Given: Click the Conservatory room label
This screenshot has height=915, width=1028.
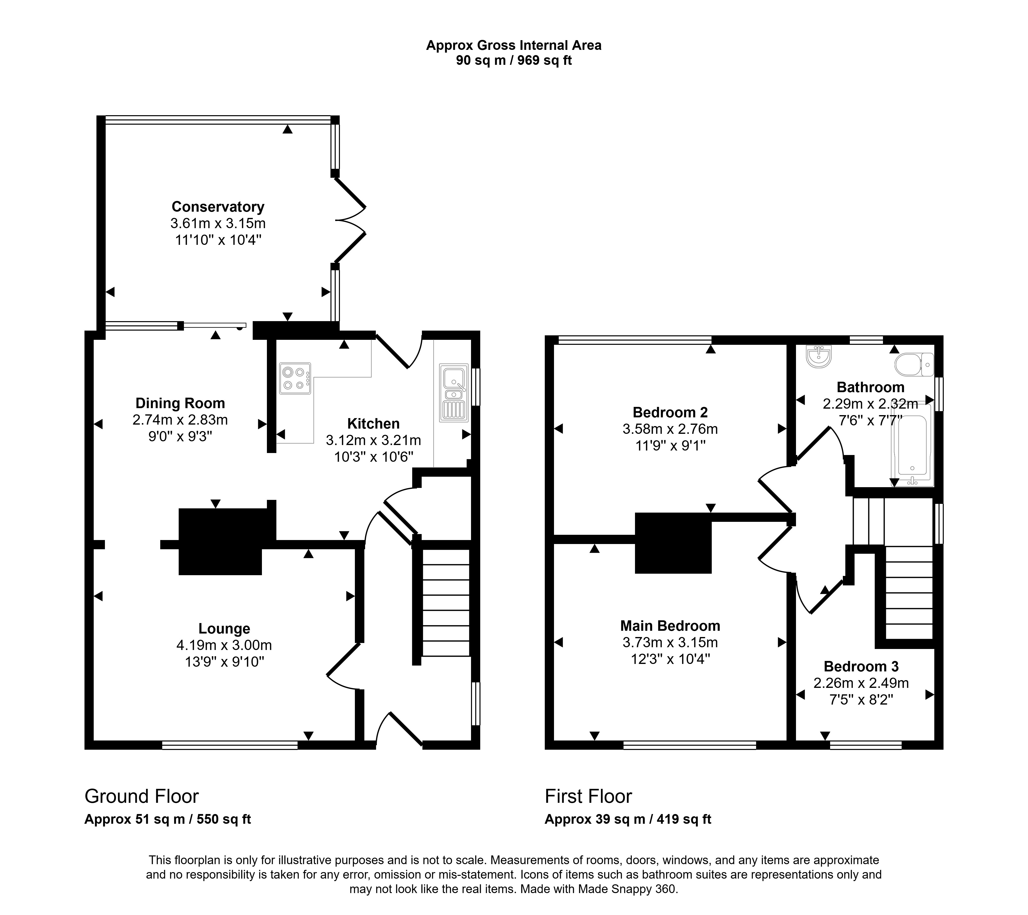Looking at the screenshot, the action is (218, 207).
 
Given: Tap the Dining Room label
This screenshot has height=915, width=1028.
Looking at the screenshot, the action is (180, 403).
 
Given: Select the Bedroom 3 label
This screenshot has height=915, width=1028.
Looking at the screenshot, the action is (861, 666).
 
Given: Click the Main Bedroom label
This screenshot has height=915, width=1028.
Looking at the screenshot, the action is (670, 626).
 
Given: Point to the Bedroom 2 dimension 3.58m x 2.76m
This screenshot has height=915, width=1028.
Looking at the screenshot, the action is (670, 429).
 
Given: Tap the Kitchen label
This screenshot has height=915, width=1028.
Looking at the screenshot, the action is (373, 424).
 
